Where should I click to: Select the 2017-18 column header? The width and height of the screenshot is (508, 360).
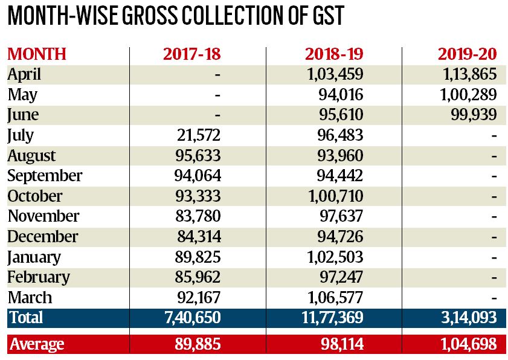tap(192, 54)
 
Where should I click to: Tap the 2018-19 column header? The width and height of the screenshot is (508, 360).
tap(334, 54)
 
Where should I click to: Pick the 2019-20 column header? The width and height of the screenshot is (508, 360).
tap(467, 54)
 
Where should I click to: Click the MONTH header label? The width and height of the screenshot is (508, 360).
tap(36, 54)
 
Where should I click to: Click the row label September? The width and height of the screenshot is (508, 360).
tap(45, 176)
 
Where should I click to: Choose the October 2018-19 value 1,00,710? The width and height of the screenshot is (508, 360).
tap(332, 196)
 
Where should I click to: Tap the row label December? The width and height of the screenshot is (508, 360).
tap(42, 236)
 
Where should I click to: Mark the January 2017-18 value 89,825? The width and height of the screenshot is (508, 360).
tap(197, 257)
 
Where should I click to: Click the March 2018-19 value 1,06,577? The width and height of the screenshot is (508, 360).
tap(332, 298)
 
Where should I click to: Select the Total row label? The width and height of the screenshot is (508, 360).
tap(25, 317)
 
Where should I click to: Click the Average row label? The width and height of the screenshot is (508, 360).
tap(36, 344)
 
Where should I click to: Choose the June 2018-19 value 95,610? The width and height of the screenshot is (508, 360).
tap(339, 115)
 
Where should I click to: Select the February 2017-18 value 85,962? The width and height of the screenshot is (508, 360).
tap(197, 277)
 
